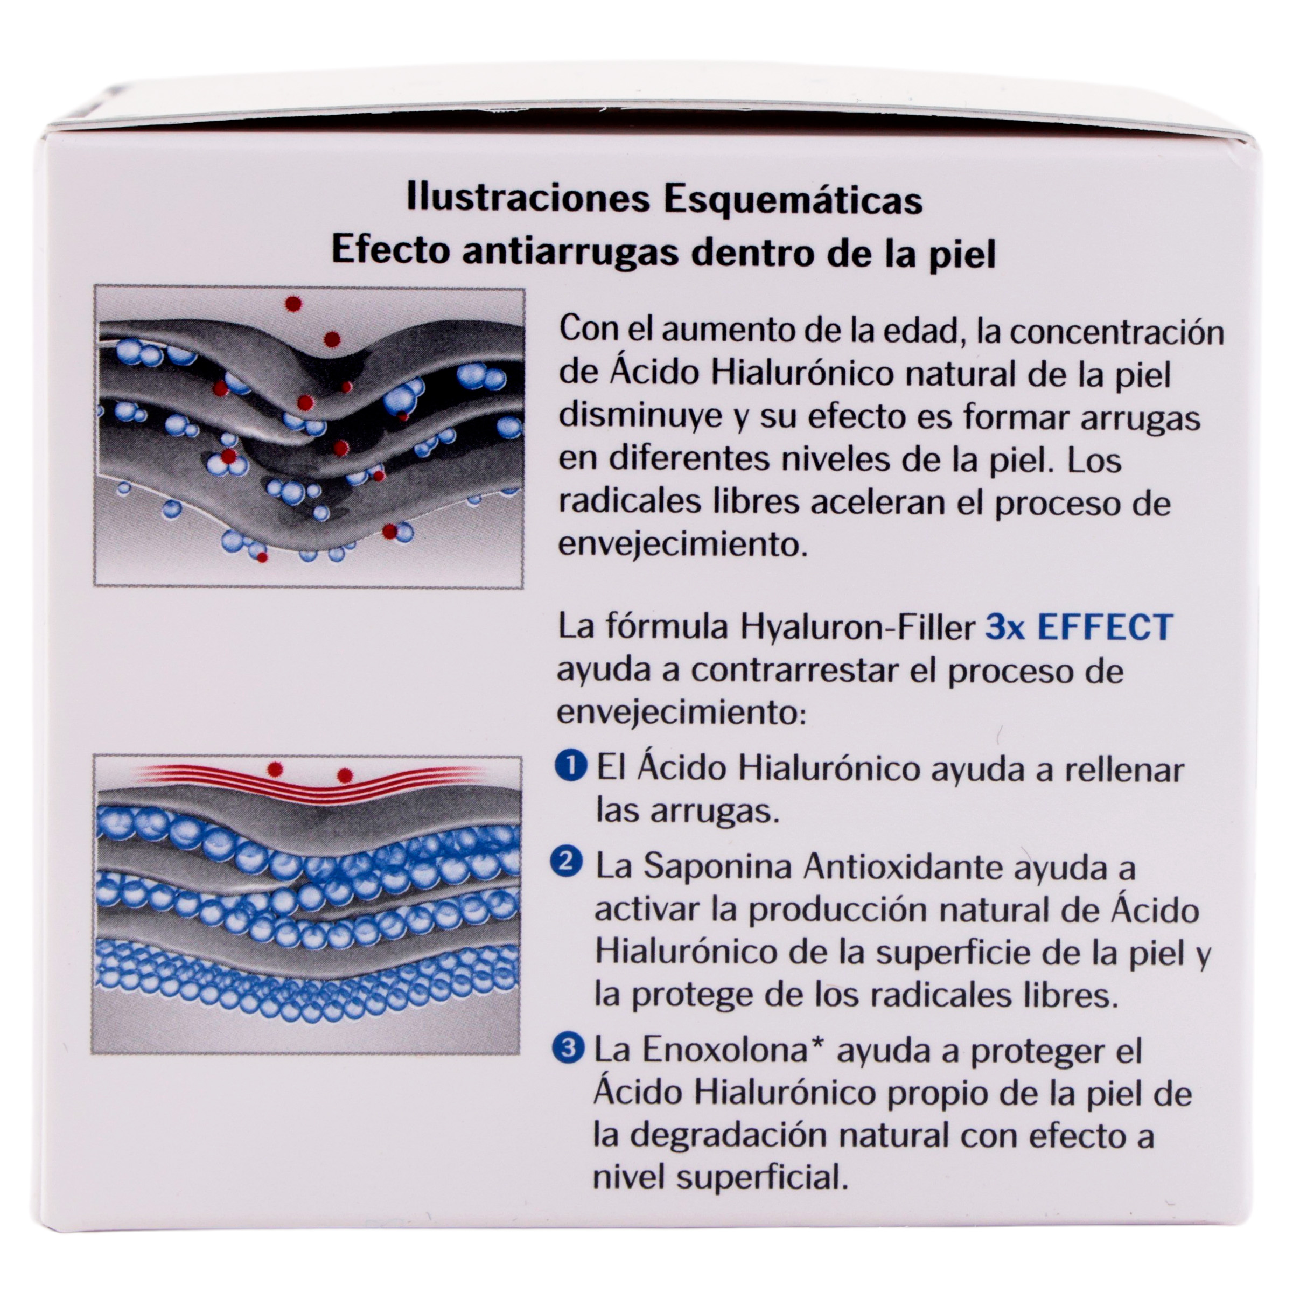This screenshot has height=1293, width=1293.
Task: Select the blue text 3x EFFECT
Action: click(x=1079, y=627)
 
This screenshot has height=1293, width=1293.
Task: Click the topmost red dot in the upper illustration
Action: click(x=292, y=304)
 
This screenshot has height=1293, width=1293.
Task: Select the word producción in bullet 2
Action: click(x=834, y=910)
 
